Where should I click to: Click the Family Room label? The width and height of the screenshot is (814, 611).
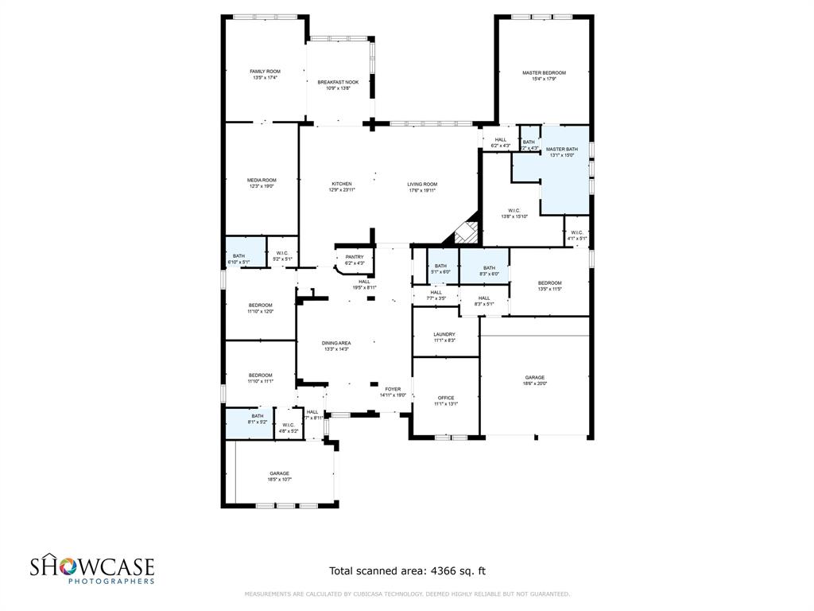[265, 72]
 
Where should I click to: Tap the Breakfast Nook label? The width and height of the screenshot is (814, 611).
[338, 82]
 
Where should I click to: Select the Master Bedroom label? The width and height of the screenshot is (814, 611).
[544, 73]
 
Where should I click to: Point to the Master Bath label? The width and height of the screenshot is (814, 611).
[561, 150]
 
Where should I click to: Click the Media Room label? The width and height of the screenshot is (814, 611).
[262, 180]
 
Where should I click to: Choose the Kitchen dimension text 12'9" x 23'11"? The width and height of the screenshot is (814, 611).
[341, 190]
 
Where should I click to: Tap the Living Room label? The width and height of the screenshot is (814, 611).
[422, 184]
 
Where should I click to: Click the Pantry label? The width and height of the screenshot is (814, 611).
[354, 257]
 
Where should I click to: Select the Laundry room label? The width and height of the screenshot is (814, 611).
[444, 334]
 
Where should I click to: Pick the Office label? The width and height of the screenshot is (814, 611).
[445, 398]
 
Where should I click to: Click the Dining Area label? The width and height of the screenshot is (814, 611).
[336, 343]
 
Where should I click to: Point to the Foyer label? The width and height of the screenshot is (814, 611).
[393, 388]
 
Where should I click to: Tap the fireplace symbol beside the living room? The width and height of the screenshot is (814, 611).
[466, 233]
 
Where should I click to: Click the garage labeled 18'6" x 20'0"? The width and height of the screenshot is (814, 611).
[535, 378]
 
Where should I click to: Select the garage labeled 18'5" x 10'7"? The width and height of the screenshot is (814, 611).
[279, 473]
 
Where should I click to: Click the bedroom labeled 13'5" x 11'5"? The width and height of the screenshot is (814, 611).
[549, 283]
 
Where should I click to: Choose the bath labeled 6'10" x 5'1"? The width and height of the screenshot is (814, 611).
[238, 256]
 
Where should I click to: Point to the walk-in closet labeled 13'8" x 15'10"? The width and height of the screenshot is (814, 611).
[514, 211]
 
